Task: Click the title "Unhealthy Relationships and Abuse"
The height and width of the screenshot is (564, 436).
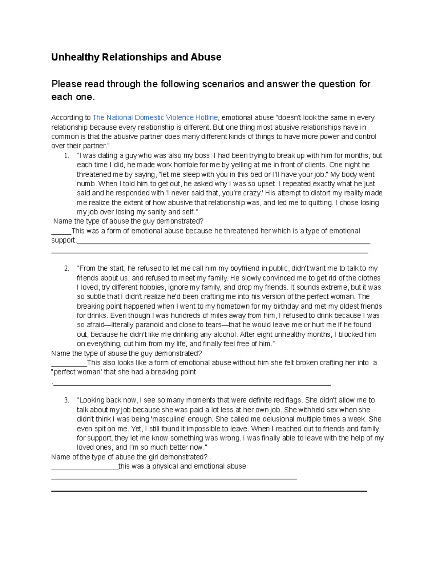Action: click(x=136, y=57)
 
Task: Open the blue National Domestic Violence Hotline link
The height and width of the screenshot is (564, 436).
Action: click(x=155, y=118)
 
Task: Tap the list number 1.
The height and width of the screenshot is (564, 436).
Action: click(x=66, y=156)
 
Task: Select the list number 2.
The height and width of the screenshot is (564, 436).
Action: click(x=66, y=269)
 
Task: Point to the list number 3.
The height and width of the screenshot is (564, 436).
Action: click(x=66, y=400)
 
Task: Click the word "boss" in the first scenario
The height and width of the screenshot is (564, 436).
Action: click(x=203, y=156)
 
